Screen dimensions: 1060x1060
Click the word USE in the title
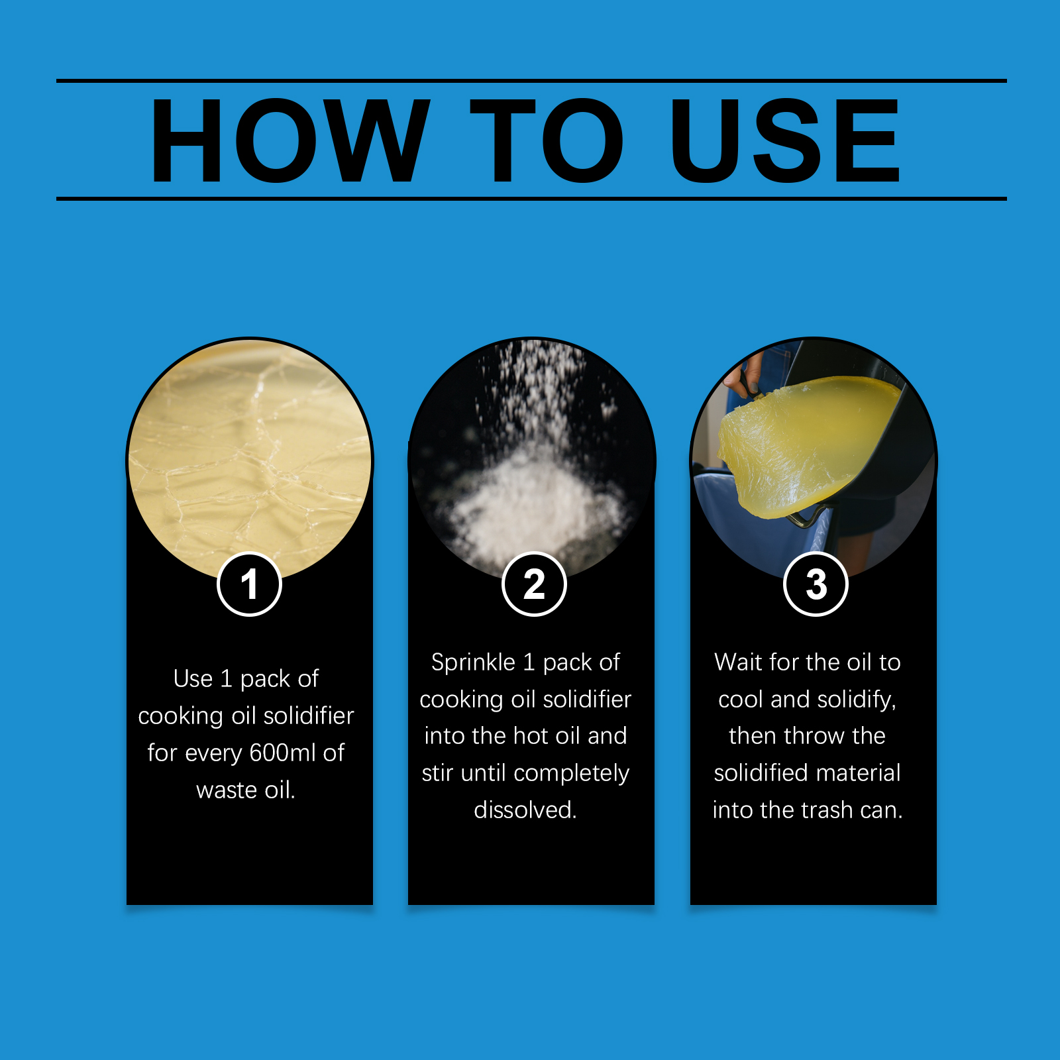point(785,140)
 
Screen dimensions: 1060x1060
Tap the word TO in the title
point(547,140)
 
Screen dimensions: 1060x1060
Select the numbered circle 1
point(250,584)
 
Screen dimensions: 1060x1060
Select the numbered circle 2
point(534,584)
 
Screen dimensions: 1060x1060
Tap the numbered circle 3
point(816,584)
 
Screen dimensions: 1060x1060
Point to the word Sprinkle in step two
point(473,662)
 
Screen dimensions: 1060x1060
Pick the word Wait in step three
point(737,662)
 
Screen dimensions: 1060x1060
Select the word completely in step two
point(571,773)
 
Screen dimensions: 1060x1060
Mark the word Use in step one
point(193,678)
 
